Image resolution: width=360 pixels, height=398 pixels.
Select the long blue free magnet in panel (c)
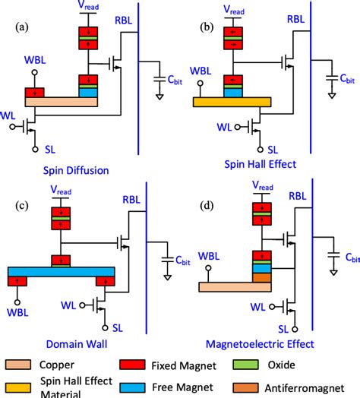click(61, 271)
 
